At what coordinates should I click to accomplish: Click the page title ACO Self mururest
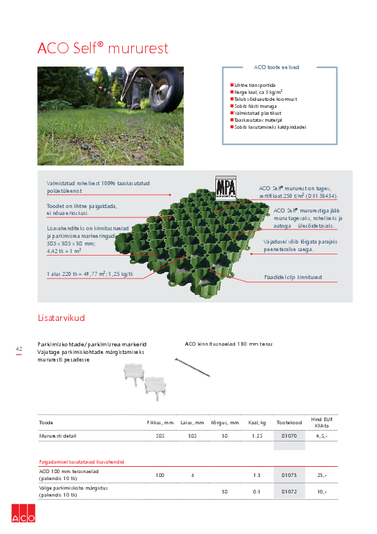click(103, 48)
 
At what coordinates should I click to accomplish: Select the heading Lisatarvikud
click(61, 318)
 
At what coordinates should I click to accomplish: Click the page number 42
click(19, 349)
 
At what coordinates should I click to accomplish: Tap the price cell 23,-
click(321, 474)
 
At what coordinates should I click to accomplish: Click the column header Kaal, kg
click(257, 422)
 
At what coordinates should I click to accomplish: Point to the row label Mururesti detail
click(56, 436)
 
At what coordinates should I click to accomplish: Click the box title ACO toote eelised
click(276, 67)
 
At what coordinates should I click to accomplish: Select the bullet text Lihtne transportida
click(254, 84)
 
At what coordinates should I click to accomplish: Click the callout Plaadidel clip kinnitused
click(293, 277)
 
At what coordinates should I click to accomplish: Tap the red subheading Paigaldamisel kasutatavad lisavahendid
click(81, 462)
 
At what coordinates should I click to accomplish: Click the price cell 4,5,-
click(321, 436)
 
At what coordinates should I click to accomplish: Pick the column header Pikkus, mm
click(160, 422)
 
